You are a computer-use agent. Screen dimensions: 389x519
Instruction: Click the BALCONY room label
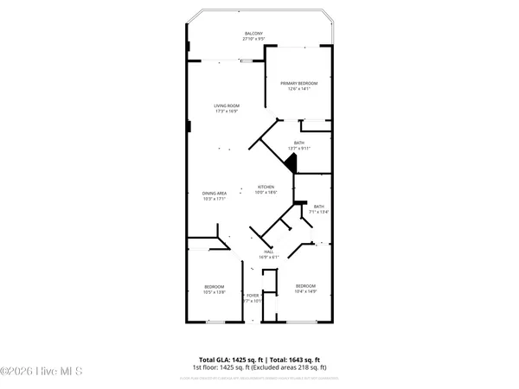[x=253, y=34]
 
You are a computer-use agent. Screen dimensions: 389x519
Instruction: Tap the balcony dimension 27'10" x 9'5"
[x=253, y=39]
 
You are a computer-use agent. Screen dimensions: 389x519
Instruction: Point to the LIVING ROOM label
[x=226, y=106]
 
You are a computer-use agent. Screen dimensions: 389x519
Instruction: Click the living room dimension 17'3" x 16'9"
[x=226, y=112]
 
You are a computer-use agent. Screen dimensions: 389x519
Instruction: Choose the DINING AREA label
[x=214, y=193]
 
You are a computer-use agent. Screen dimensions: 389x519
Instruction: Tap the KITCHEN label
[x=266, y=188]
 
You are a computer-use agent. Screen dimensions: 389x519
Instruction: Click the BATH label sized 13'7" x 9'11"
[x=298, y=143]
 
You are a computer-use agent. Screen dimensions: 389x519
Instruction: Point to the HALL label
[x=269, y=252]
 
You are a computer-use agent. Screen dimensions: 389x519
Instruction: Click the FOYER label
[x=253, y=296]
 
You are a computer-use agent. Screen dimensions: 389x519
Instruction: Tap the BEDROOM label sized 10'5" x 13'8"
[x=214, y=287]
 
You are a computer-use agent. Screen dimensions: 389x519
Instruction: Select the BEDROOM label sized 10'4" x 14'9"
[x=305, y=286]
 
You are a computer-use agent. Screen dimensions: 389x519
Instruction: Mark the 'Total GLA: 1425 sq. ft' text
[x=231, y=359]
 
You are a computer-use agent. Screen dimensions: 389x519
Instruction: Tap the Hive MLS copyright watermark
[x=42, y=372]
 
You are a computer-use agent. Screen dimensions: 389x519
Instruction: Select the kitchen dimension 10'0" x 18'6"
[x=266, y=193]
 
